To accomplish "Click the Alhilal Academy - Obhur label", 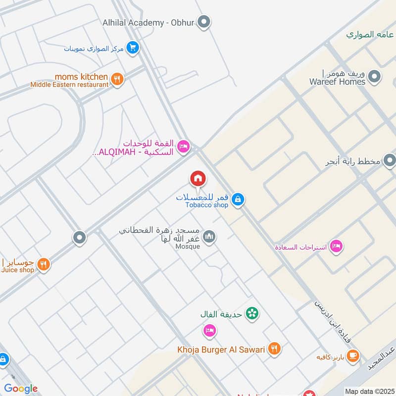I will coord(148,22).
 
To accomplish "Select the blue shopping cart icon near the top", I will coord(132,48).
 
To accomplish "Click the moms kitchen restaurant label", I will coord(81,77).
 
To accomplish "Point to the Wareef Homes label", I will coord(337,82).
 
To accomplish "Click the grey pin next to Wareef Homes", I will coord(375,77).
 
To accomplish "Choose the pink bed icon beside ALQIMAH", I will coord(183,147).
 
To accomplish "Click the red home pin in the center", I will coord(198,178).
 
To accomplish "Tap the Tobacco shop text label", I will coord(207,205).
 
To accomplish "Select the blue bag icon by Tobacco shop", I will coord(238,199).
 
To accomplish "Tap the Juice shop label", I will coord(17,270).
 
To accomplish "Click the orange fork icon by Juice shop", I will coord(44,265).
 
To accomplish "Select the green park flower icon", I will coord(252,313).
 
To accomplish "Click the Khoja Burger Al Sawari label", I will coord(221,350).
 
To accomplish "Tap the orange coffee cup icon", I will coord(352,356).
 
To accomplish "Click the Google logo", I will coord(21,389).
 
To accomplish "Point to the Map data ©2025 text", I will coord(369,391).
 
